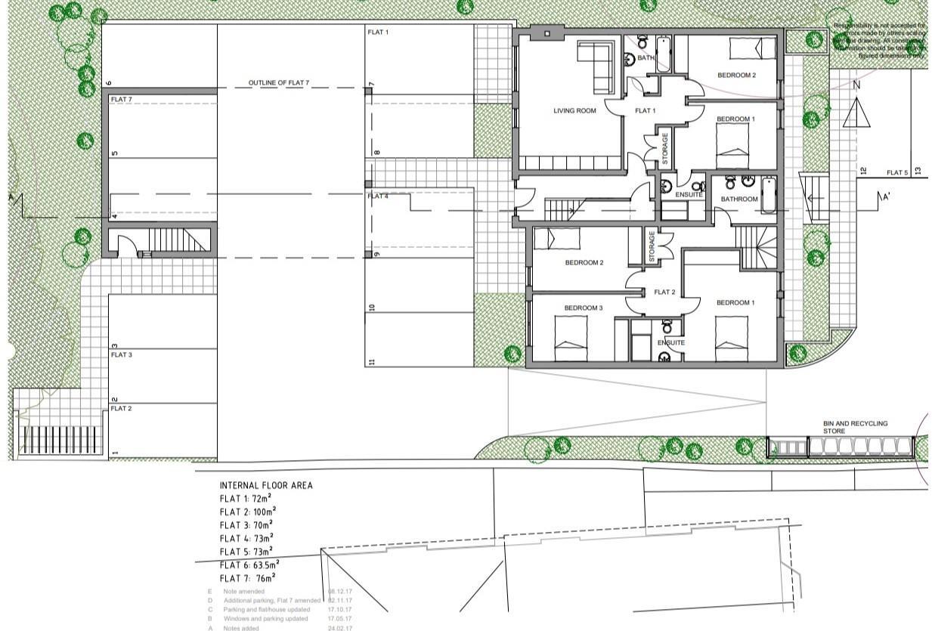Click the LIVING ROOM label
(574, 111)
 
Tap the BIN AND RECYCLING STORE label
(855, 428)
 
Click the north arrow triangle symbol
(856, 113)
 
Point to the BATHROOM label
(738, 200)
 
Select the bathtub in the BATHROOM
(769, 195)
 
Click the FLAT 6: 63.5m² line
(249, 564)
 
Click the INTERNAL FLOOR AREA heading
(265, 485)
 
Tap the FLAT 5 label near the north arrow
(897, 173)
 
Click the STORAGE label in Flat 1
(665, 149)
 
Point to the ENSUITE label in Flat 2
(670, 343)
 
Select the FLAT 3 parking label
(122, 354)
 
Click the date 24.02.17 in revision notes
(339, 628)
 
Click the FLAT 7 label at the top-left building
(122, 100)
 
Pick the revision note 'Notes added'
(241, 628)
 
